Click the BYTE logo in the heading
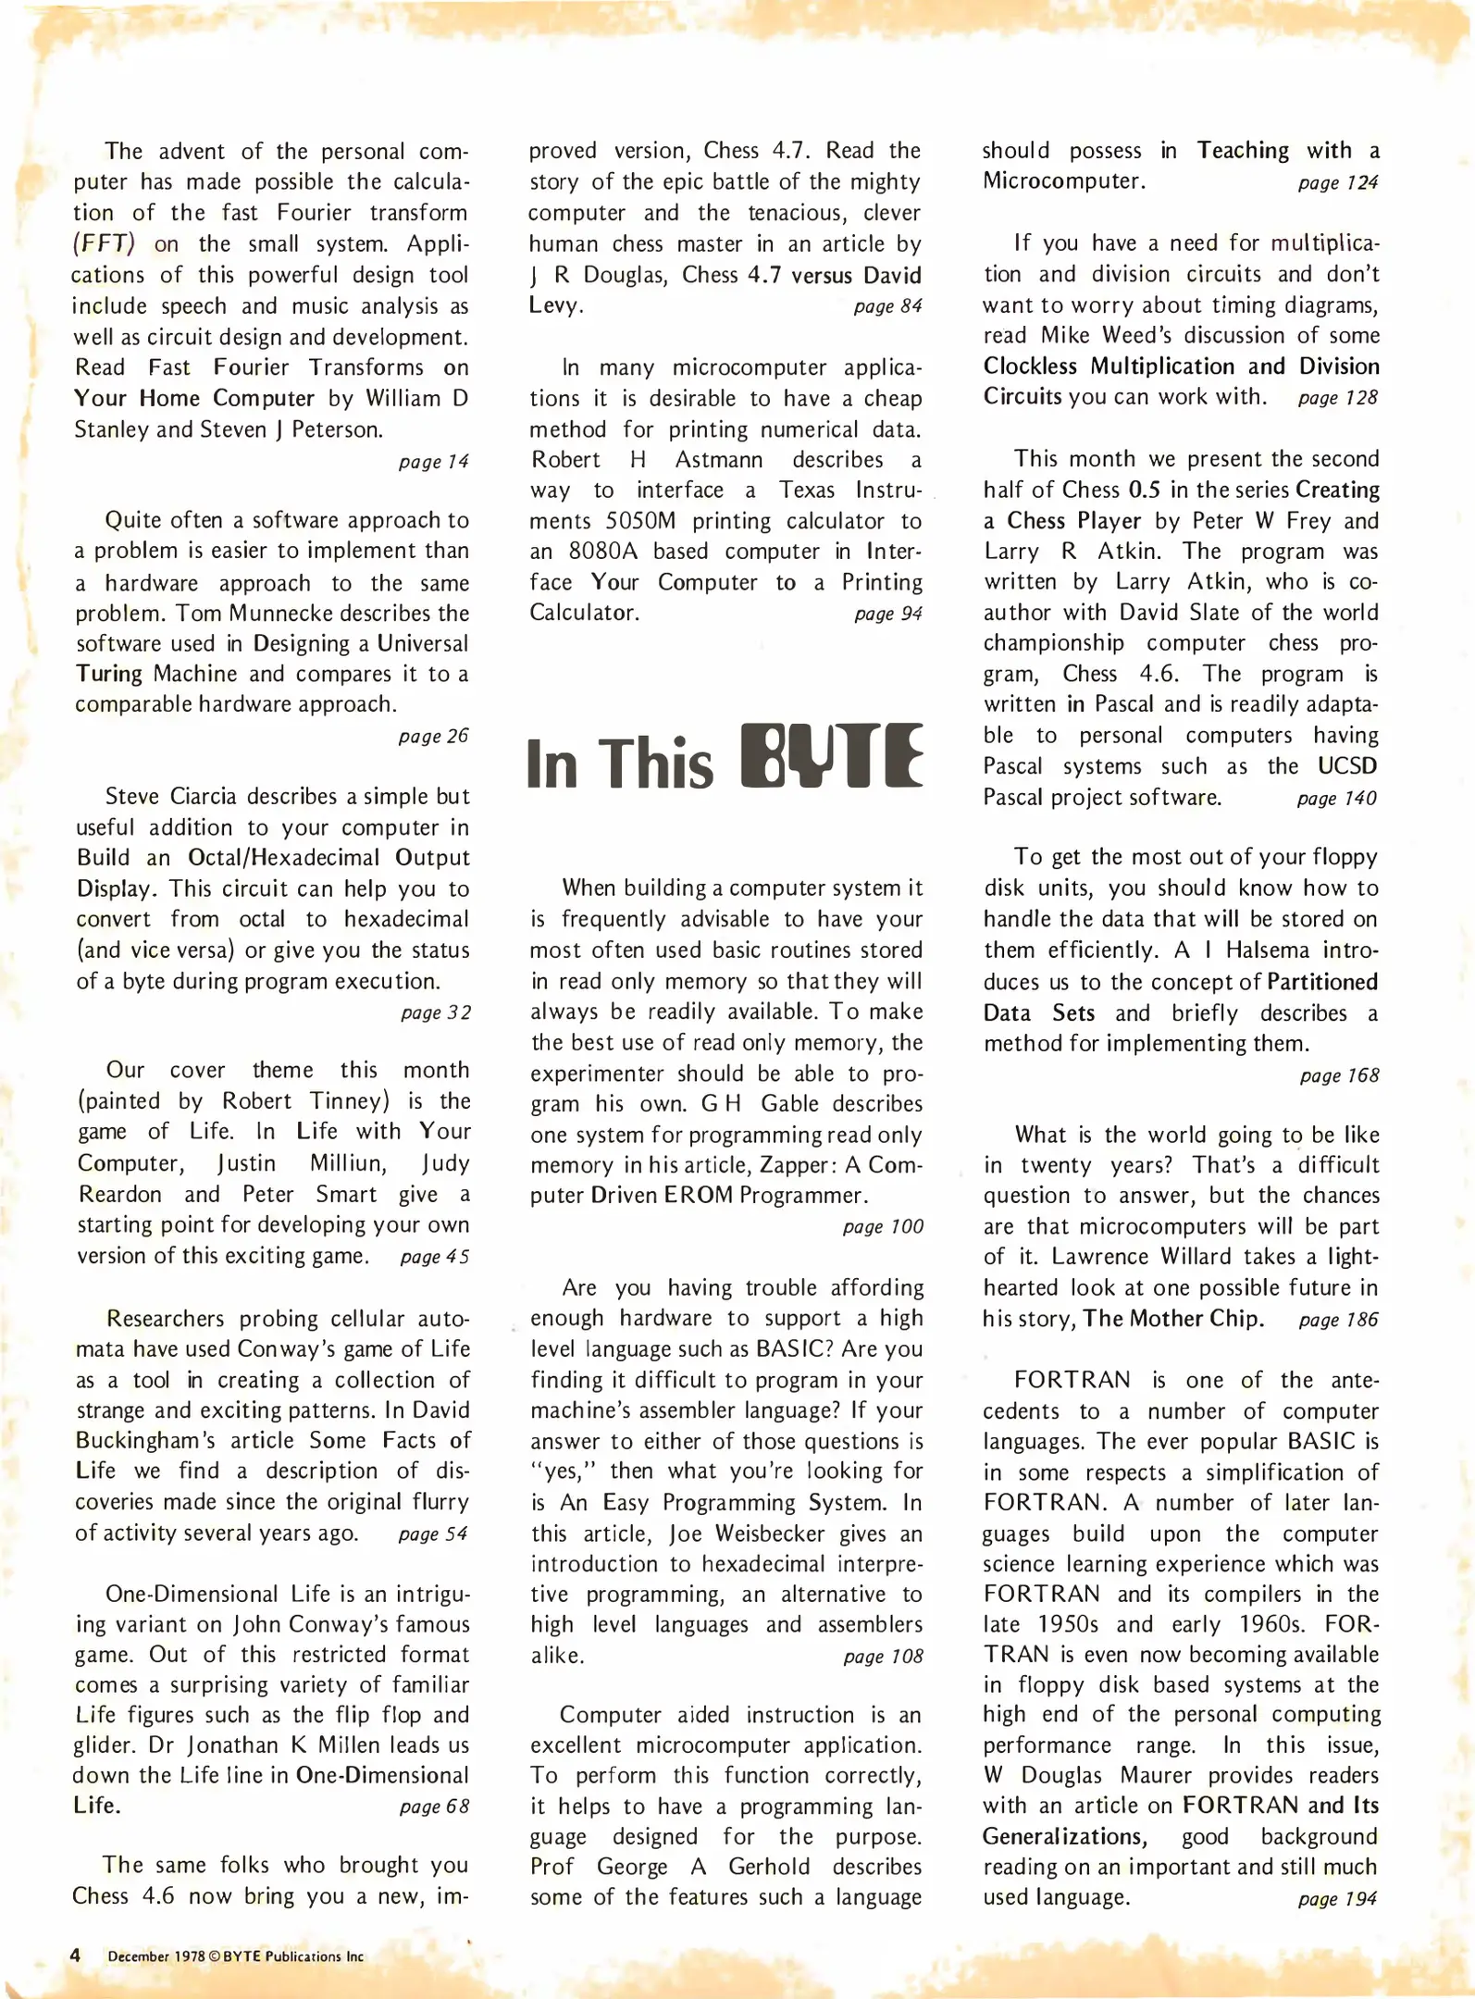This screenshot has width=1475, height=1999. [x=832, y=756]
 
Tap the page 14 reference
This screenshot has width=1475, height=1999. [x=433, y=462]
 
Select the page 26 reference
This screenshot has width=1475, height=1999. [x=433, y=737]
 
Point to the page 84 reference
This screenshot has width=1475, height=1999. [x=887, y=306]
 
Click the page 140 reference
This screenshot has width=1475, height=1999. [x=1337, y=799]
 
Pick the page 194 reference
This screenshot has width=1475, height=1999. [x=1337, y=1899]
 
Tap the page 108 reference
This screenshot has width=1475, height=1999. [x=883, y=1657]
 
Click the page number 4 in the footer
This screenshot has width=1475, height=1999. [x=76, y=1956]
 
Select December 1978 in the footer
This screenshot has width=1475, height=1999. [x=155, y=1956]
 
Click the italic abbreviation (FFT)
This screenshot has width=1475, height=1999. [x=104, y=244]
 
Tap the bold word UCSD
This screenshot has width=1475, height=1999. [x=1348, y=766]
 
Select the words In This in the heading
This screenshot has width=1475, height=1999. [x=619, y=764]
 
